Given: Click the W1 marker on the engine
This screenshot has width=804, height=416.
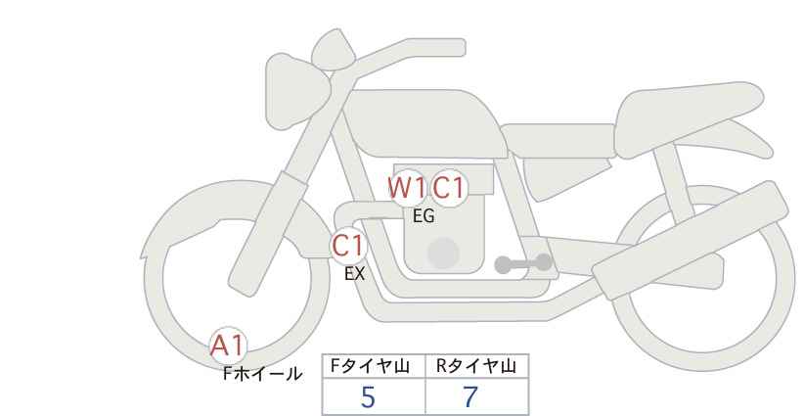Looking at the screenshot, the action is coord(407,188).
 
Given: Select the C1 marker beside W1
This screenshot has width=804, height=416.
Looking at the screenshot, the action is coord(448,188).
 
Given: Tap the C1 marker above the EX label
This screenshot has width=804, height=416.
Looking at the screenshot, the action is coord(348,246).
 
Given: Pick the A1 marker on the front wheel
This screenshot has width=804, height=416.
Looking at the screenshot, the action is coord(228,346).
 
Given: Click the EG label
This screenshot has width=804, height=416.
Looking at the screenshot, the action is coord(424,216).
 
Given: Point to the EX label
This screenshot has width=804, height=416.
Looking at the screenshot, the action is coord(354,274).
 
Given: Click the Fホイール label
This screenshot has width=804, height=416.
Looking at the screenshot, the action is coord(262,374).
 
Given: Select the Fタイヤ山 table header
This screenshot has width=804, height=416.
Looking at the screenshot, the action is coord(370,366).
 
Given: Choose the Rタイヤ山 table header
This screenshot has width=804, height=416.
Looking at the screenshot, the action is coord(476,366).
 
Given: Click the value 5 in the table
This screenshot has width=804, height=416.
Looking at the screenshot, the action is coord(368,397).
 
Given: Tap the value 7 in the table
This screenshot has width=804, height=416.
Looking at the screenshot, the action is coord(470,397).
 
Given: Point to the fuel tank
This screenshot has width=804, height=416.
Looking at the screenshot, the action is coord(425,123).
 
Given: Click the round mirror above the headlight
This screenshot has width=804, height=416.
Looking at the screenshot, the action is coord(333,49).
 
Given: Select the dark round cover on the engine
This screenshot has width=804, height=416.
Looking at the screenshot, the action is coord(443,254).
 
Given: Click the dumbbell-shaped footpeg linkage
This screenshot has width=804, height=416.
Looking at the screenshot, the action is coord(523,263).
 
